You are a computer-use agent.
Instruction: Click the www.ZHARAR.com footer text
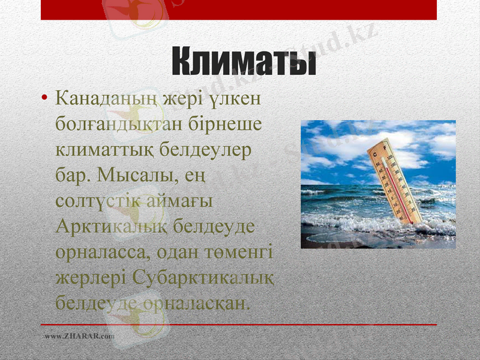point(79,336)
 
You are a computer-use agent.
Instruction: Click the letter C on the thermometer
point(376,155)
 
